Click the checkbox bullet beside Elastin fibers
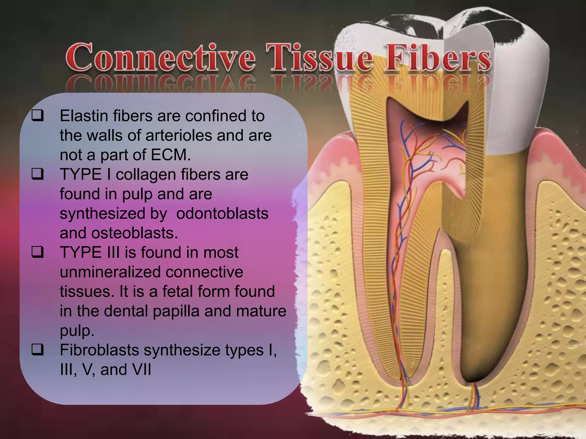[38, 116]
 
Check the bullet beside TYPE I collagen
[38, 174]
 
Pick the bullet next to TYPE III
[38, 252]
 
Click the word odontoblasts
[222, 213]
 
